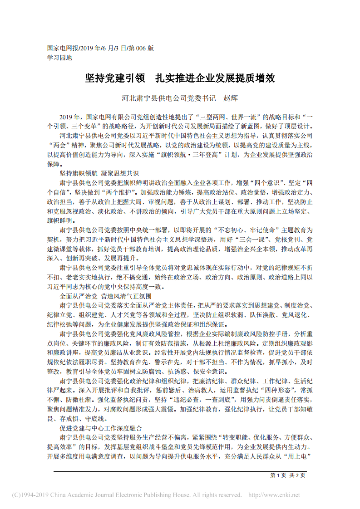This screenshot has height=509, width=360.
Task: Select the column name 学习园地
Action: [59, 58]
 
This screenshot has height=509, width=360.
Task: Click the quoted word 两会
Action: [61, 145]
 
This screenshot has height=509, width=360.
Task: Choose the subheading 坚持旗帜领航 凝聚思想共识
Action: [99, 174]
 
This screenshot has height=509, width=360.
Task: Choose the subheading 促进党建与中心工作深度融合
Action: [101, 428]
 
